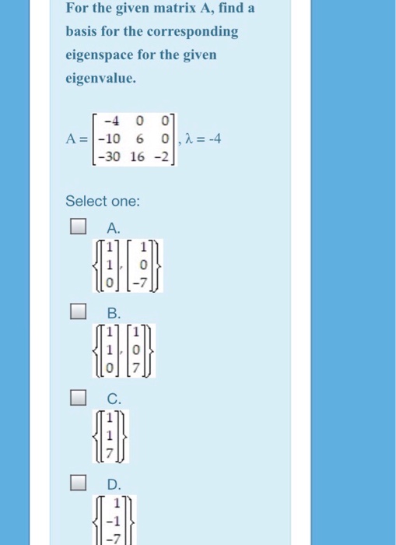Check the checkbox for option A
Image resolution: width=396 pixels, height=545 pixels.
[x=76, y=227]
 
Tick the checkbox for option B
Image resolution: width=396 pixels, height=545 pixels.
[x=76, y=313]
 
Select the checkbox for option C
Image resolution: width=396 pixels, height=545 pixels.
[x=76, y=399]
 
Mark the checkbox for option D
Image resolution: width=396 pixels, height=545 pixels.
[x=76, y=483]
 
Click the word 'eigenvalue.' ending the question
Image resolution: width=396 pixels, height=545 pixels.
[x=99, y=78]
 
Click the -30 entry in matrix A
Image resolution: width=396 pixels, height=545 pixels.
[x=107, y=156]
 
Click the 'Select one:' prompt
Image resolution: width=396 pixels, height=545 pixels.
[x=103, y=201]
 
